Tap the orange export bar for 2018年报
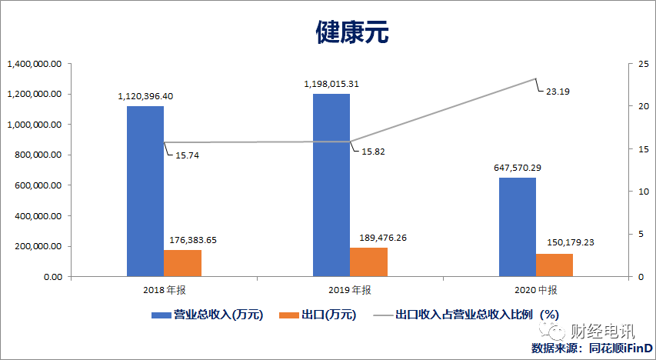click(182, 263)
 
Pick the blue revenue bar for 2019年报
click(331, 185)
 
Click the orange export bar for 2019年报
click(368, 262)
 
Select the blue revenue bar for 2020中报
click(518, 227)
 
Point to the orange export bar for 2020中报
click(554, 265)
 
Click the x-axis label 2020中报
click(536, 290)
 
